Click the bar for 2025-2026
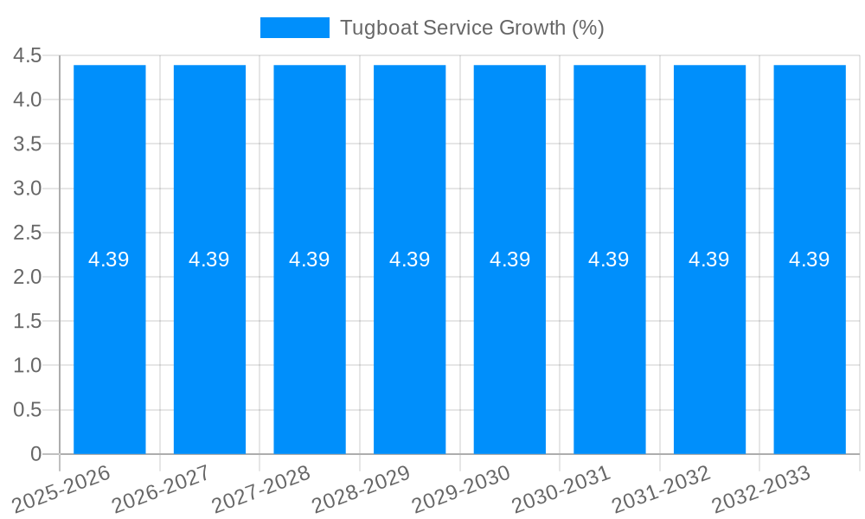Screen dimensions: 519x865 [x=109, y=346]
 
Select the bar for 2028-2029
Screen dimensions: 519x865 [x=409, y=346]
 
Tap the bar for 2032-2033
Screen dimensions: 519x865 [x=810, y=346]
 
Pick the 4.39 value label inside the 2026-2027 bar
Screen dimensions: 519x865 [x=209, y=259]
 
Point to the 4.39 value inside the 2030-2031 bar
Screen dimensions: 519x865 [x=609, y=259]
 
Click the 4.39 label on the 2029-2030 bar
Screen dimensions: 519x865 [x=509, y=259]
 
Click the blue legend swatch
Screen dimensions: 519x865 [x=294, y=28]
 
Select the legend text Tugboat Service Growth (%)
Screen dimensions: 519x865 [x=471, y=28]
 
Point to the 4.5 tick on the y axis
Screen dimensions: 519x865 [x=28, y=56]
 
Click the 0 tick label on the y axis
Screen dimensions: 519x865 [x=35, y=454]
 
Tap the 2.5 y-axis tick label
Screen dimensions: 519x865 [x=28, y=233]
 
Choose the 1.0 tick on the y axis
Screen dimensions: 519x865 [x=28, y=366]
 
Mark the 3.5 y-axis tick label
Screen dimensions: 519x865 [x=28, y=144]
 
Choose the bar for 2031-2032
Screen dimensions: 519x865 [x=709, y=346]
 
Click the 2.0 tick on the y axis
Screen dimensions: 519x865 [x=28, y=277]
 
